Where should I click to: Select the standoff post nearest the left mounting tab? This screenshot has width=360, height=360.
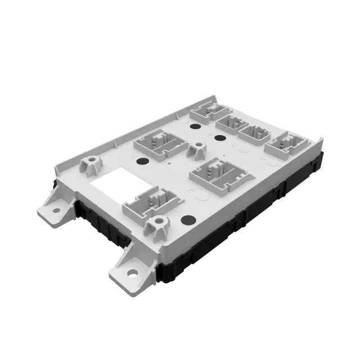tap(90, 165)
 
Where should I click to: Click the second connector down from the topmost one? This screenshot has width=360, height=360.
tap(230, 124)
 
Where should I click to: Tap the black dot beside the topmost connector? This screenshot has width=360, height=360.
tap(195, 127)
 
